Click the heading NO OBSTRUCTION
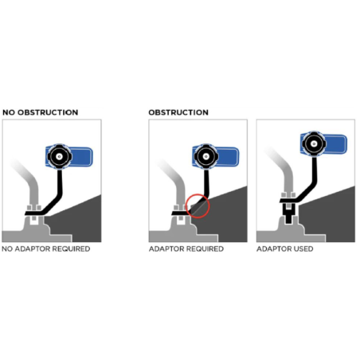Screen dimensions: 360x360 coord(40,112)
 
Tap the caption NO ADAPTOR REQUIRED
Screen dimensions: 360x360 coord(46,249)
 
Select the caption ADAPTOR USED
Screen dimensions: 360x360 coord(284,249)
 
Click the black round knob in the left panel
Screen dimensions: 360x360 coord(58,157)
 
